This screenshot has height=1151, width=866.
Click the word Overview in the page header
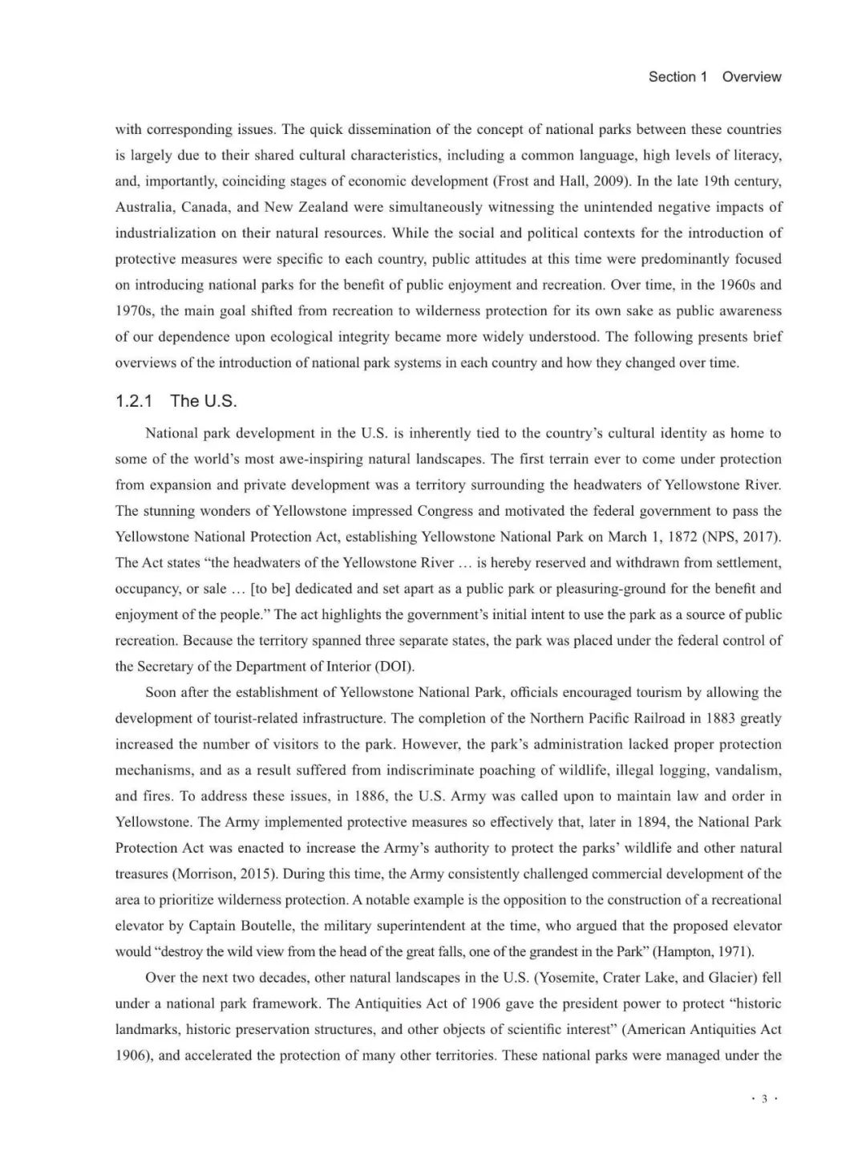click(751, 77)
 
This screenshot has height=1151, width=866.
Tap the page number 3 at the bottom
click(764, 1099)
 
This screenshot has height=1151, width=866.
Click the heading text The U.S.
click(204, 401)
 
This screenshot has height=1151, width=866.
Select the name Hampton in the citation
click(687, 951)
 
